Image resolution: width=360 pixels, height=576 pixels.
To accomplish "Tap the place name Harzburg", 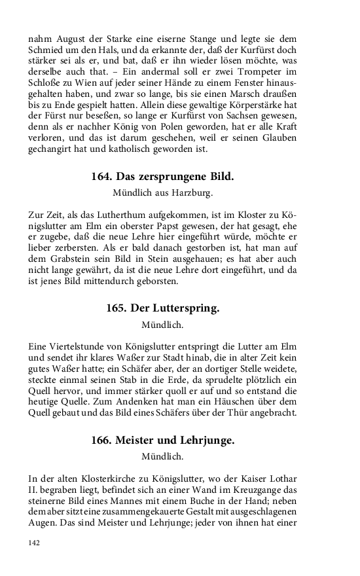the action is [193, 193].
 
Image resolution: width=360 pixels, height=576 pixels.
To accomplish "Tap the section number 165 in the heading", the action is [115, 308].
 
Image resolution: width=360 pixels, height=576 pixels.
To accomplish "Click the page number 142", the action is [35, 543].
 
